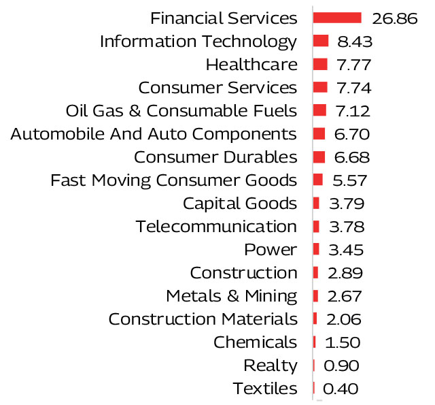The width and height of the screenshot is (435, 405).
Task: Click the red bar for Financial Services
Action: coord(338,18)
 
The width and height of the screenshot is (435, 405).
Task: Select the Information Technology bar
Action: coord(321,41)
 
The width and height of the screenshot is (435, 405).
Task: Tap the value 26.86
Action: coord(394,18)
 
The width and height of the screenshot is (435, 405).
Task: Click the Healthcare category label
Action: coord(251,65)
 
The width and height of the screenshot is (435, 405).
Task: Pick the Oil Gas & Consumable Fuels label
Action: coord(181,111)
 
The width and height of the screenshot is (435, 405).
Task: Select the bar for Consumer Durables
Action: coord(319,157)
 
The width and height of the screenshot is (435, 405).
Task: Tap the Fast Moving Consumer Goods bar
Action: coord(318,180)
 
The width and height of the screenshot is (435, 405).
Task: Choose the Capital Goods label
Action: coord(240,204)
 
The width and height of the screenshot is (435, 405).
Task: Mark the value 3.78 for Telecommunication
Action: coord(346,227)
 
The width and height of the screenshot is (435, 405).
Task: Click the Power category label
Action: coord(271,250)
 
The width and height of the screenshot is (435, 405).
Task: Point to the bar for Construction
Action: coord(316,273)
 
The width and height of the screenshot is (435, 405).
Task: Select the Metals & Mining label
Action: coord(232,296)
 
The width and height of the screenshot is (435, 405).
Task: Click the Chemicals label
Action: coord(256,342)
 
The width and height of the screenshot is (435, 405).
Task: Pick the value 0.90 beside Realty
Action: coord(341,366)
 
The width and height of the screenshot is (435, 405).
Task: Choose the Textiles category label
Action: coord(265,389)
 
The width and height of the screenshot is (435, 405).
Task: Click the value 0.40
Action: coord(341,389)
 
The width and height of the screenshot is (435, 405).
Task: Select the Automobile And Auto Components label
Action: coord(154,134)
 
